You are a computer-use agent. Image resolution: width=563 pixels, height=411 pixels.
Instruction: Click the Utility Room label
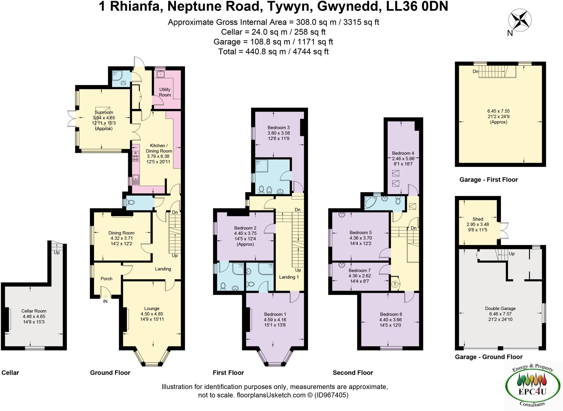coord(165,92)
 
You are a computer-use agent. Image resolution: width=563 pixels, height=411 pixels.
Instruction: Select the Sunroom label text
coord(104,112)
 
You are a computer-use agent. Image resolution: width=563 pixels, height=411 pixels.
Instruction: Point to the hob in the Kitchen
coord(136,156)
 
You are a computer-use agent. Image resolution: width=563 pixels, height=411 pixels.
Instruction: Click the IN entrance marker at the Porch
coord(105,301)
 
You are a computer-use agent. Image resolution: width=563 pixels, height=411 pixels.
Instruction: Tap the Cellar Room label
coord(34,311)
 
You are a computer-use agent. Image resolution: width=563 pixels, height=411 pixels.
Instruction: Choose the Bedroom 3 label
coord(278,128)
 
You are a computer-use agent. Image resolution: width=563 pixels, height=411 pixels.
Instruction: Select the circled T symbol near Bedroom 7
coord(395,284)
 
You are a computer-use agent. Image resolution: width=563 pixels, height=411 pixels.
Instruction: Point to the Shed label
coord(478,219)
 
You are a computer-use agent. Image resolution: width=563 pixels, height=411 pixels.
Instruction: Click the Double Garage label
coord(500,308)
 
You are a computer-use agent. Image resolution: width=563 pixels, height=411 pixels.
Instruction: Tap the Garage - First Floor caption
coord(489,180)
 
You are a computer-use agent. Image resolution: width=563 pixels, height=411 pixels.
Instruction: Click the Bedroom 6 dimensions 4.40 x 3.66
coord(390,320)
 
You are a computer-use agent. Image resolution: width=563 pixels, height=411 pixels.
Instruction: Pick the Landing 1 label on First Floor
coord(289,277)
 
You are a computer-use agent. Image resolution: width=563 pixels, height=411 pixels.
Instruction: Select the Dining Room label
coord(121,233)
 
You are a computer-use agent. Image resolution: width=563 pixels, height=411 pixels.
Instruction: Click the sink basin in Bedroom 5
coord(342,215)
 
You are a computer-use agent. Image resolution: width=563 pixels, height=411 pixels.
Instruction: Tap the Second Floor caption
coord(353,373)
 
